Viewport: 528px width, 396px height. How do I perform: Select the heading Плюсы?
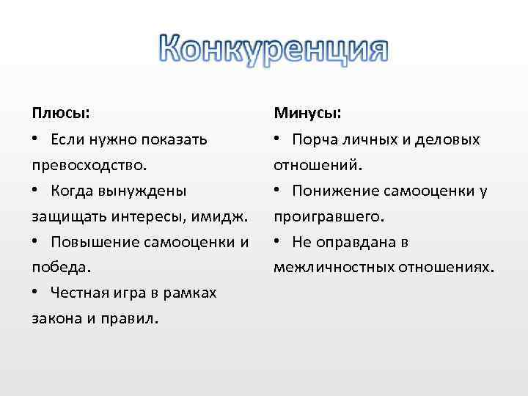point(61,114)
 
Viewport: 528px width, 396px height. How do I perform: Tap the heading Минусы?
point(307,114)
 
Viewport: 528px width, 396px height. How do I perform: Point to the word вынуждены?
point(149,191)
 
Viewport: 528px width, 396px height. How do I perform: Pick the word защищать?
point(64,216)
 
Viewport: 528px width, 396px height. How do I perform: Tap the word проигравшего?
point(326,216)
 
